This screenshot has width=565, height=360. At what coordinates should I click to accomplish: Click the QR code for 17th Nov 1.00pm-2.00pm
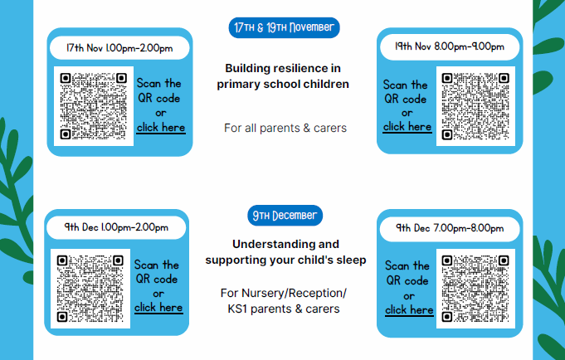coord(93,106)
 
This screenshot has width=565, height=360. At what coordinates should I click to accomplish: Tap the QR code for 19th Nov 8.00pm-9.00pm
coord(475,106)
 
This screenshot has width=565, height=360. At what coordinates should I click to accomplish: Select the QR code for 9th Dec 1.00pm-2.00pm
coord(90,289)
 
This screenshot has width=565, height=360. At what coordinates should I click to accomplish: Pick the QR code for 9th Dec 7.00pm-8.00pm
coord(475,289)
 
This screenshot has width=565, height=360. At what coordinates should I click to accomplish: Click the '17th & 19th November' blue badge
coord(285,27)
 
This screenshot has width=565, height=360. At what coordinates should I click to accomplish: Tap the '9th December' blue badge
coord(285,216)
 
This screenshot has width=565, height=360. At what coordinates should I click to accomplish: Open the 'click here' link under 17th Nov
coord(161,128)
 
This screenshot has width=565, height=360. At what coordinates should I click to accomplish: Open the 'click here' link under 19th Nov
coord(407,127)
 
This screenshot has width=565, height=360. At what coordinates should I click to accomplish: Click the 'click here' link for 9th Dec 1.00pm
coord(158,308)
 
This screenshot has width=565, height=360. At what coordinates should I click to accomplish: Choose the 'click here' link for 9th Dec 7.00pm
coord(409,310)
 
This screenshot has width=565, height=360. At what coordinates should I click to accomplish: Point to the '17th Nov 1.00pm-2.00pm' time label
coord(119,48)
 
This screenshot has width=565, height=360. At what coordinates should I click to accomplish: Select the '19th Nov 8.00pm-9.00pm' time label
coord(450,46)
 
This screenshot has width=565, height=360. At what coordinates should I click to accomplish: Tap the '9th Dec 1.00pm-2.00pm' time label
coord(116,227)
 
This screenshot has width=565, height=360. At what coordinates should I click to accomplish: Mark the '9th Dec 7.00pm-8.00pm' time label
coord(450,228)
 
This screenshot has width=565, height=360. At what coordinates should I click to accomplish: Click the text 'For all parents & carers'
coord(285,128)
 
